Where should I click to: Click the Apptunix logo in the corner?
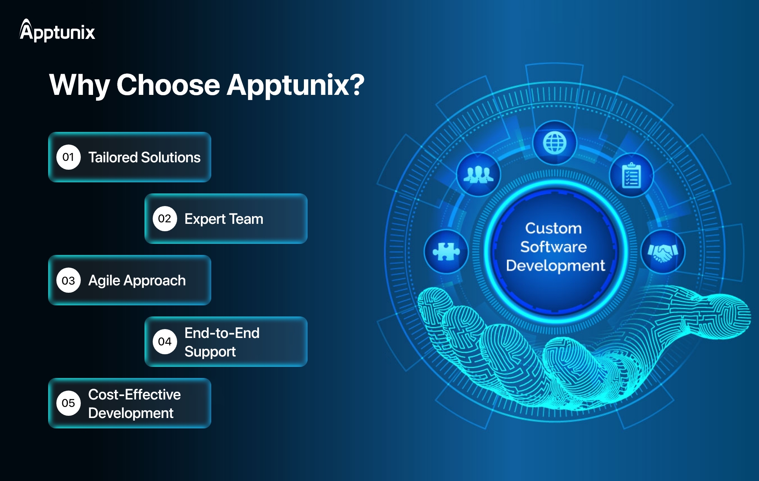[x=57, y=30]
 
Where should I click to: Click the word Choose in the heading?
[x=168, y=85]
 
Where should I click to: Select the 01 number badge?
[x=68, y=157]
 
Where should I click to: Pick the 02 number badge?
[x=165, y=219]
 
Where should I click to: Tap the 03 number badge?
[x=68, y=281]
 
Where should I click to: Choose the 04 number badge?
[x=165, y=341]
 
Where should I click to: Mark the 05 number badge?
[x=68, y=403]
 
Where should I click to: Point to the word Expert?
[x=205, y=219]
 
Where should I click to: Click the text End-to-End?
[x=222, y=333]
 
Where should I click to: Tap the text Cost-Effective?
[x=135, y=395]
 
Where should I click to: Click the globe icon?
[x=555, y=143]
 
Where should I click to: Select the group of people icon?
[x=478, y=174]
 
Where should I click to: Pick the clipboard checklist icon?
[x=632, y=175]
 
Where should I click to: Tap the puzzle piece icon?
[x=446, y=252]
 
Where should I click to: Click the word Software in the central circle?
[x=554, y=247]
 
